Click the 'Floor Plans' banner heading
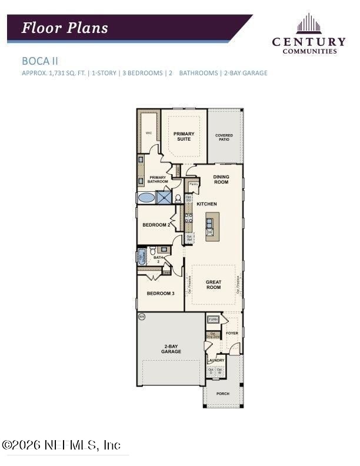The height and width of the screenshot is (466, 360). click(x=65, y=28)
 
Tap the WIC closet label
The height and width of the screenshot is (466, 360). click(x=149, y=133)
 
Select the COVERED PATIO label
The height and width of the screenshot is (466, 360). click(x=224, y=137)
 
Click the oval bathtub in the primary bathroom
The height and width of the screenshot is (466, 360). click(x=146, y=198)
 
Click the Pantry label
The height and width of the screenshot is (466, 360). click(x=194, y=184)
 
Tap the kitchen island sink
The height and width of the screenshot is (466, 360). click(x=209, y=222)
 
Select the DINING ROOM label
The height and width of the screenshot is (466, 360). click(x=221, y=179)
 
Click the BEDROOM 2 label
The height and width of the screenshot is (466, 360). click(x=156, y=225)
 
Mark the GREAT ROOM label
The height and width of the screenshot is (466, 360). click(x=213, y=285)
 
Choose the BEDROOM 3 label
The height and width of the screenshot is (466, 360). click(x=161, y=293)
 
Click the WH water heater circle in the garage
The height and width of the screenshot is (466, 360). click(x=141, y=317)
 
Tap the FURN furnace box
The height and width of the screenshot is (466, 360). click(x=212, y=320)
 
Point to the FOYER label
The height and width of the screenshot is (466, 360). click(x=232, y=333)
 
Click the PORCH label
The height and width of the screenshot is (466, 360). click(x=222, y=393)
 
